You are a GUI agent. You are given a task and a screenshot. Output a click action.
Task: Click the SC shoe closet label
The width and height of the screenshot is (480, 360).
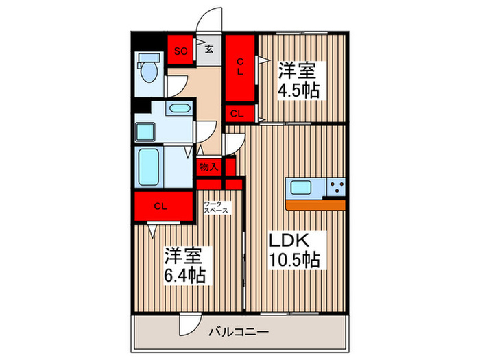(x=181, y=51)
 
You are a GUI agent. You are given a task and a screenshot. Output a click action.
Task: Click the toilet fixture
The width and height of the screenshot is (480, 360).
(x=147, y=71)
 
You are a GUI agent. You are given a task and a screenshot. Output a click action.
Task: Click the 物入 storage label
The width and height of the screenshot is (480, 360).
(x=209, y=167)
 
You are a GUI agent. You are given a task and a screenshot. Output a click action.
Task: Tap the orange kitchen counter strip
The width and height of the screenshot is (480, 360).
(x=315, y=204)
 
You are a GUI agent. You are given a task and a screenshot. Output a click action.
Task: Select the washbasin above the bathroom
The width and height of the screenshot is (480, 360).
(x=181, y=108)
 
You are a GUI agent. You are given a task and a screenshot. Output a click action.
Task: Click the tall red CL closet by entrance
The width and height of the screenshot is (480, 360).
(x=241, y=68)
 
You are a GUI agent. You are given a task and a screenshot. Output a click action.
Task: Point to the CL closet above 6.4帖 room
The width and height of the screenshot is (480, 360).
(x=161, y=206)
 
